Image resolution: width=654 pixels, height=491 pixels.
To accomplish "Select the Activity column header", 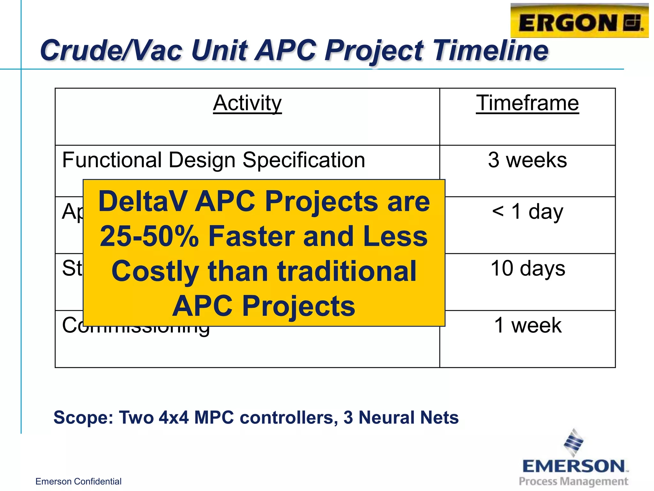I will click(x=247, y=104).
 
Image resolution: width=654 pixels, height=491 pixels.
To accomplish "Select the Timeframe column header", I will click(x=527, y=104).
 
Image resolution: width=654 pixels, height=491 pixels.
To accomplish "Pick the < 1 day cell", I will click(x=527, y=212).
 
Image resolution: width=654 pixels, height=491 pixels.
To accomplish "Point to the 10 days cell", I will click(x=527, y=269).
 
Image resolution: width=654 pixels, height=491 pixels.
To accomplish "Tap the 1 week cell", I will click(x=527, y=325).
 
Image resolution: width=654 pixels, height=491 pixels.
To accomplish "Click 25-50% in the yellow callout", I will click(x=149, y=237).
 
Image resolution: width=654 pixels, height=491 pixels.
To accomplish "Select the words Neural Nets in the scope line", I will click(x=408, y=417).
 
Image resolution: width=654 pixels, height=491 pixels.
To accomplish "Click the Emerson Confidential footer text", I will click(x=78, y=481).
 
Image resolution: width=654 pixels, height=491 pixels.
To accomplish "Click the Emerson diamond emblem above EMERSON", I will click(x=574, y=442).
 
